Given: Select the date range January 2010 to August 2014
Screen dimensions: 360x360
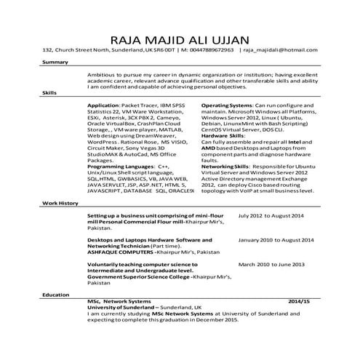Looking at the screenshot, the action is (276, 239).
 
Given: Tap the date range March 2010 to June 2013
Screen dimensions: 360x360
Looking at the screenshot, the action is (271, 264).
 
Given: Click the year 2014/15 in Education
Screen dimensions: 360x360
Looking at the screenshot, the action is (299, 300).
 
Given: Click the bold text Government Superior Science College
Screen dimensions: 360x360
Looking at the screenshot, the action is (138, 277).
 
